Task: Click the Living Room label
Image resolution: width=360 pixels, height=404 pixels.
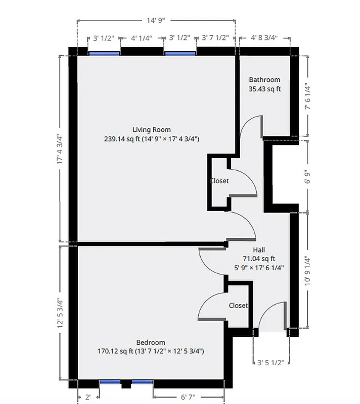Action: click(151, 130)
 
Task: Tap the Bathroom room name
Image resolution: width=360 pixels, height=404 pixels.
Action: click(264, 80)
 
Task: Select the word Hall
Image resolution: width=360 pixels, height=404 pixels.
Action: click(258, 250)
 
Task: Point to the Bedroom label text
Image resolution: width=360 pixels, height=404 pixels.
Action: click(151, 342)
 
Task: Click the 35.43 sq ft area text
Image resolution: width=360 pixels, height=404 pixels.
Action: click(264, 89)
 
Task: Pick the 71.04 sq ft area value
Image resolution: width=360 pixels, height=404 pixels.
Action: click(258, 259)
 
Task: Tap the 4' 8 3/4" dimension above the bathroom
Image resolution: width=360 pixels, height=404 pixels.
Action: click(264, 37)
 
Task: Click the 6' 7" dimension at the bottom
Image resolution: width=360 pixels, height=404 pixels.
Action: click(188, 397)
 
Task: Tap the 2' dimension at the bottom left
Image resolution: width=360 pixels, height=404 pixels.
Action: click(87, 397)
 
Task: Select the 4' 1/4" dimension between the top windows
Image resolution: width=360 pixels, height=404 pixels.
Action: click(142, 37)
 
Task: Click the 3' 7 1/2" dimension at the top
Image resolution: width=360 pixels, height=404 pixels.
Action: click(215, 37)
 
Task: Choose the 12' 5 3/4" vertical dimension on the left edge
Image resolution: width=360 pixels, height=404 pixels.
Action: click(61, 314)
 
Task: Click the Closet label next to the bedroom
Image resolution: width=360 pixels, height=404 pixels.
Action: click(238, 306)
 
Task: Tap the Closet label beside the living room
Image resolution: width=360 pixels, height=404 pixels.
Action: click(219, 181)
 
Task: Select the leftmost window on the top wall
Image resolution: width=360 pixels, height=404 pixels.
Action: click(104, 52)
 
